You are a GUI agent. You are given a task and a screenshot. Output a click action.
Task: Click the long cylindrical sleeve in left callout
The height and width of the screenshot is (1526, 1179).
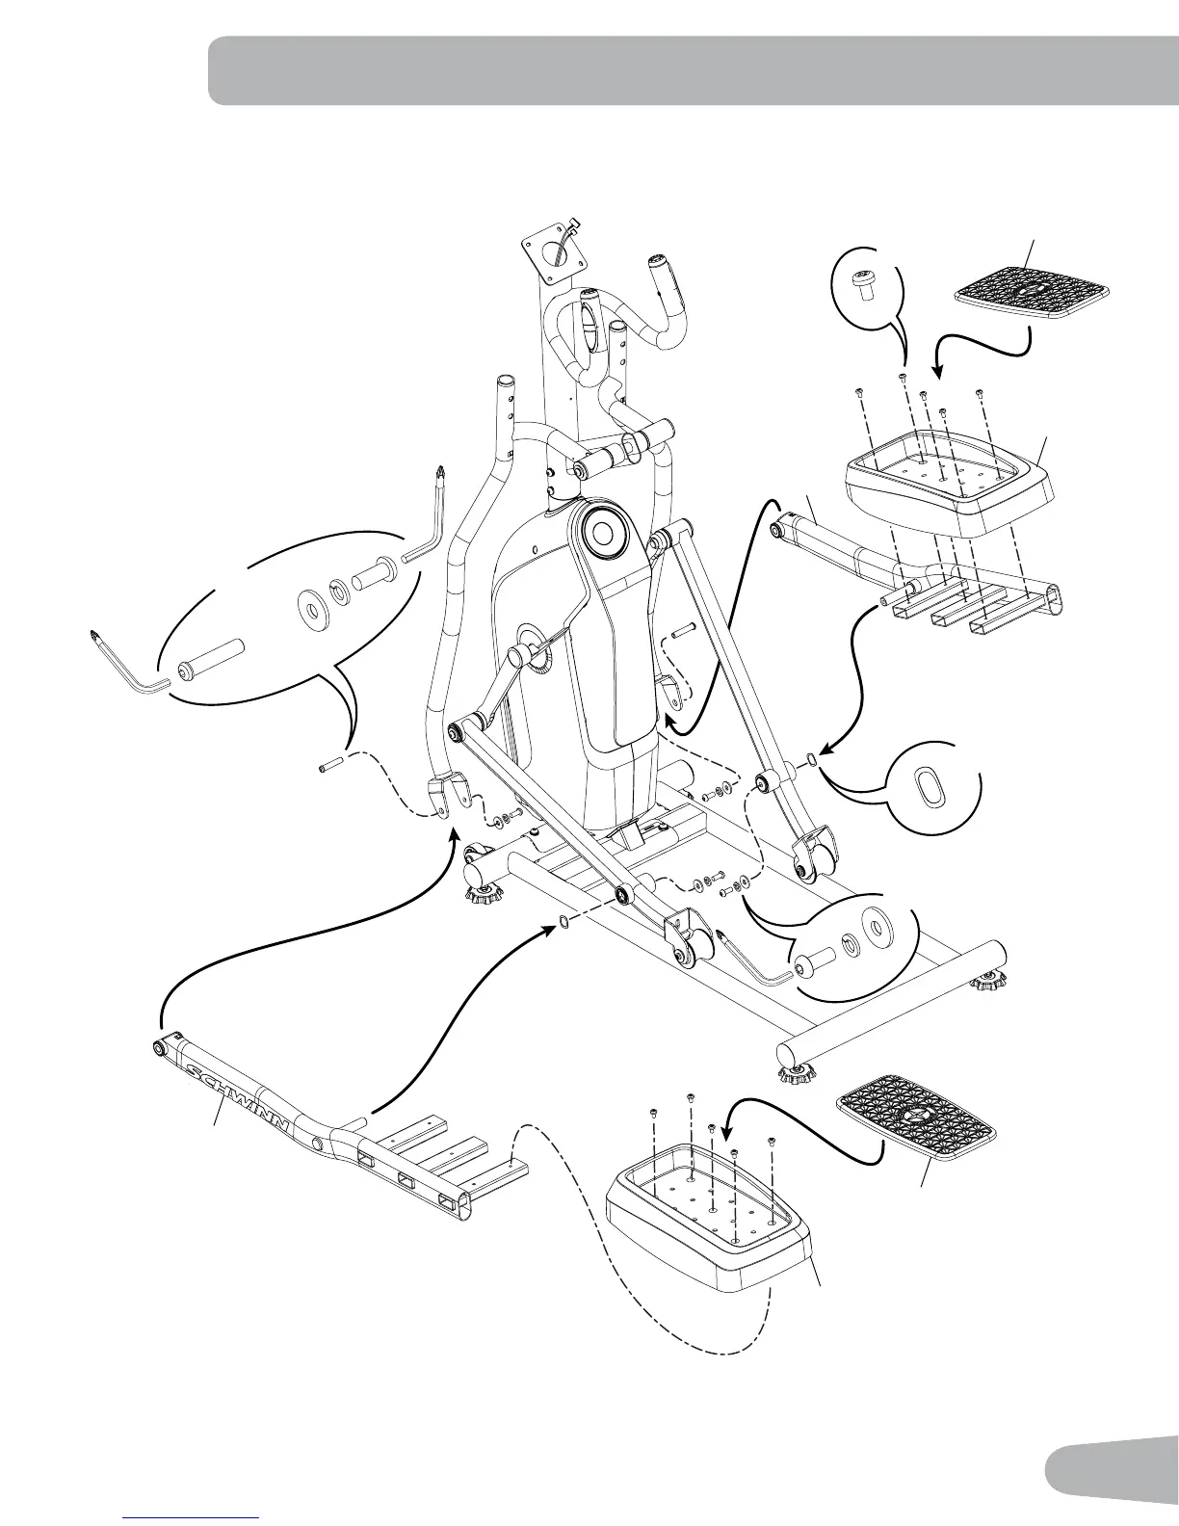pos(211,659)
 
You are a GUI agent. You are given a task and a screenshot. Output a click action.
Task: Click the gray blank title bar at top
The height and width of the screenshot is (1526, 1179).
pos(693,70)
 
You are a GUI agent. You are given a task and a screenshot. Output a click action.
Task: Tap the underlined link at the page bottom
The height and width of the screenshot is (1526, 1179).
pos(192,1520)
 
